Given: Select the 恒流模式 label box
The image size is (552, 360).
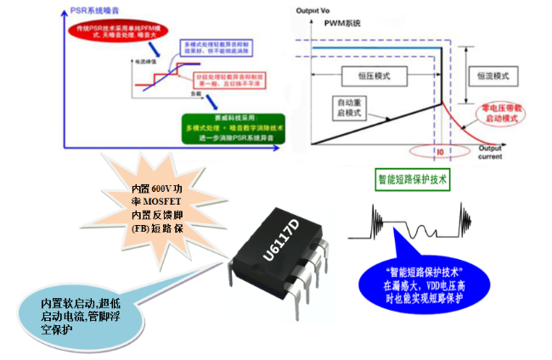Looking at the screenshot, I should point(493,76).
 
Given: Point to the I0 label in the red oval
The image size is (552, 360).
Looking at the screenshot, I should point(440,150).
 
